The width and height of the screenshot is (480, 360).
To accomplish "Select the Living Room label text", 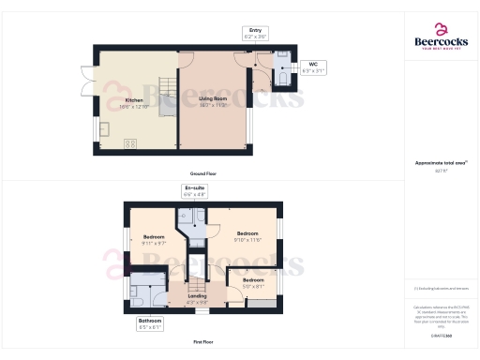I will coord(214,101).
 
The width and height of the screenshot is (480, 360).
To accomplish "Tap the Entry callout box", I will coord(254,33).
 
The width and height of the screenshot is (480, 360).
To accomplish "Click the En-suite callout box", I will coord(194,191).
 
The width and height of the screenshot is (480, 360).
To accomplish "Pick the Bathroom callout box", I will coord(150,325).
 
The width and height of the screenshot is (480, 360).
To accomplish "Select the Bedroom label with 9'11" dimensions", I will coord(153,239).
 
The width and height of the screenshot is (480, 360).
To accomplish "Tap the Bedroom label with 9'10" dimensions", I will coord(248,235).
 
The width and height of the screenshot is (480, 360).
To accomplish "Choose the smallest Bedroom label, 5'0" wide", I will coord(254,282).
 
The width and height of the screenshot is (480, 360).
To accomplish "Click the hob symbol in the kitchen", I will coord(130,143).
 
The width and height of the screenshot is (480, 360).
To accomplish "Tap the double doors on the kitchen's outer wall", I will coord(85,82).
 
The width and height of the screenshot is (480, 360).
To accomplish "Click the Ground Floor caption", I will coord(203,174).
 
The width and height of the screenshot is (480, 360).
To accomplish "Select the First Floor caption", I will coord(203,342).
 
